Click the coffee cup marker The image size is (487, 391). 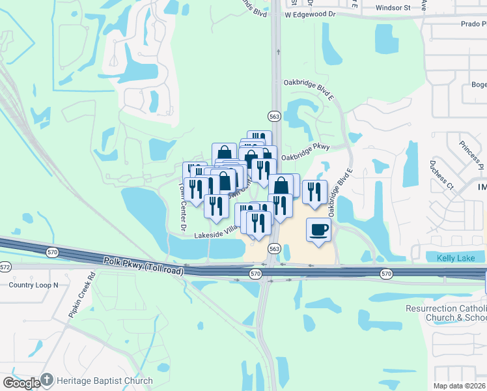318,230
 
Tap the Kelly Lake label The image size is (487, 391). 457,259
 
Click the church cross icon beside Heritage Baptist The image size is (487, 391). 47,380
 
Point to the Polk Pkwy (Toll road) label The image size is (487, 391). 142,264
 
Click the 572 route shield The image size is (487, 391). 5,267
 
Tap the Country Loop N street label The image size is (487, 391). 33,285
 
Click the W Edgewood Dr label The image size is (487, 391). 310,13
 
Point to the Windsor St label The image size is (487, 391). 394,8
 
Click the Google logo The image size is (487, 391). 21,383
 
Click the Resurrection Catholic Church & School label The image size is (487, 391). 446,313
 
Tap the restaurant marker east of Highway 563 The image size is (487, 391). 314,192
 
